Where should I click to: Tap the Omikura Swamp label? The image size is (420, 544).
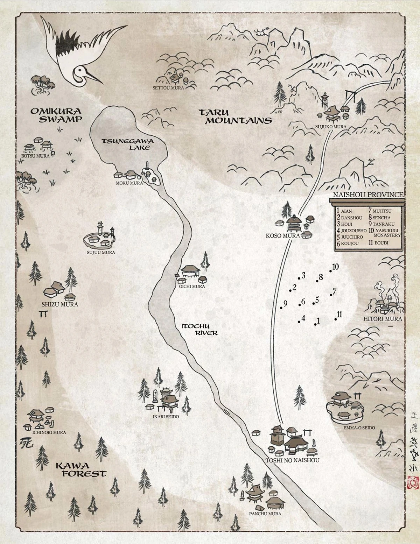click(56, 115)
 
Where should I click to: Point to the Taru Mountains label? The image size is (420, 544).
click(235, 116)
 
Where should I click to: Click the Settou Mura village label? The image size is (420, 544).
click(168, 88)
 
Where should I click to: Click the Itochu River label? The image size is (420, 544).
click(199, 330)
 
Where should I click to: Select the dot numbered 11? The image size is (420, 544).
click(336, 319)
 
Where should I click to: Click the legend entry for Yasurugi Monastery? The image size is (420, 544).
click(385, 233)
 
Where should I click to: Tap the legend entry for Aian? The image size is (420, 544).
click(345, 211)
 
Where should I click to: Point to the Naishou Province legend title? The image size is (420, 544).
click(368, 195)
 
